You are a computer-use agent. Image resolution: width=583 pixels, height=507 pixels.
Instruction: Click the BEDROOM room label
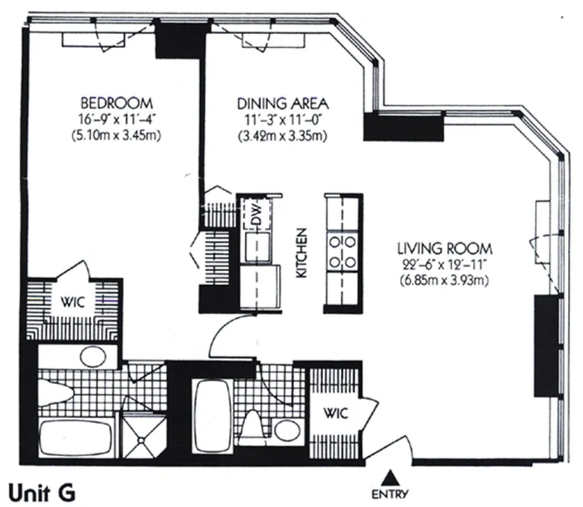click(116, 103)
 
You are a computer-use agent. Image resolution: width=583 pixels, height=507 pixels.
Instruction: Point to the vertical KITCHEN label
click(302, 252)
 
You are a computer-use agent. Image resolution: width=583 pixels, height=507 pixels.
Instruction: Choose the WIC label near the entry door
click(336, 413)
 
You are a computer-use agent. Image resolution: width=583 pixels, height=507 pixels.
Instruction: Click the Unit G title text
click(42, 491)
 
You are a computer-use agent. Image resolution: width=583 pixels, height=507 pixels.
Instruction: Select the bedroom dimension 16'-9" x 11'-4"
click(116, 119)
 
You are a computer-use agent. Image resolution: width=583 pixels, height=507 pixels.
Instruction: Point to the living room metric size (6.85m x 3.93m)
click(445, 279)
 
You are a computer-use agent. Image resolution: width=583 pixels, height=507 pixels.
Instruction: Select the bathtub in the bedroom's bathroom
click(76, 437)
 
